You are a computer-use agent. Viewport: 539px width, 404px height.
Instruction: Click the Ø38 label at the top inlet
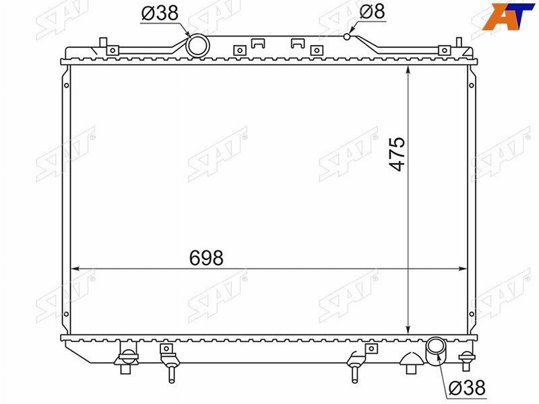161,13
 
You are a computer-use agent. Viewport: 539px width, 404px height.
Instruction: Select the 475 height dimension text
398,154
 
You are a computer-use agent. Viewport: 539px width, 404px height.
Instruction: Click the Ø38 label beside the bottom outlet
466,387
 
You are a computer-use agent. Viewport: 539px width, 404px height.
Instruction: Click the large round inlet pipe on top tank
197,46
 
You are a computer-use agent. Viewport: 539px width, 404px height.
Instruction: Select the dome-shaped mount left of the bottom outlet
410,362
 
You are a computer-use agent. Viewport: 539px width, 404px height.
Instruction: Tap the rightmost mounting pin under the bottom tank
466,360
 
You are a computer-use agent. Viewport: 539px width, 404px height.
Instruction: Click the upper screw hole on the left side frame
66,85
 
